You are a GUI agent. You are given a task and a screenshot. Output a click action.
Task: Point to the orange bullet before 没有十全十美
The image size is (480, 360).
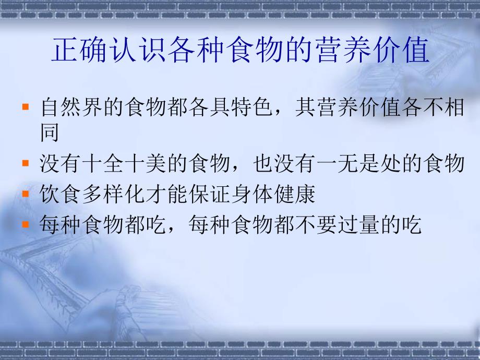point(25,163)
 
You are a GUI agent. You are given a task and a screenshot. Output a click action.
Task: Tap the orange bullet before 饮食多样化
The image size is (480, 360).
point(25,194)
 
